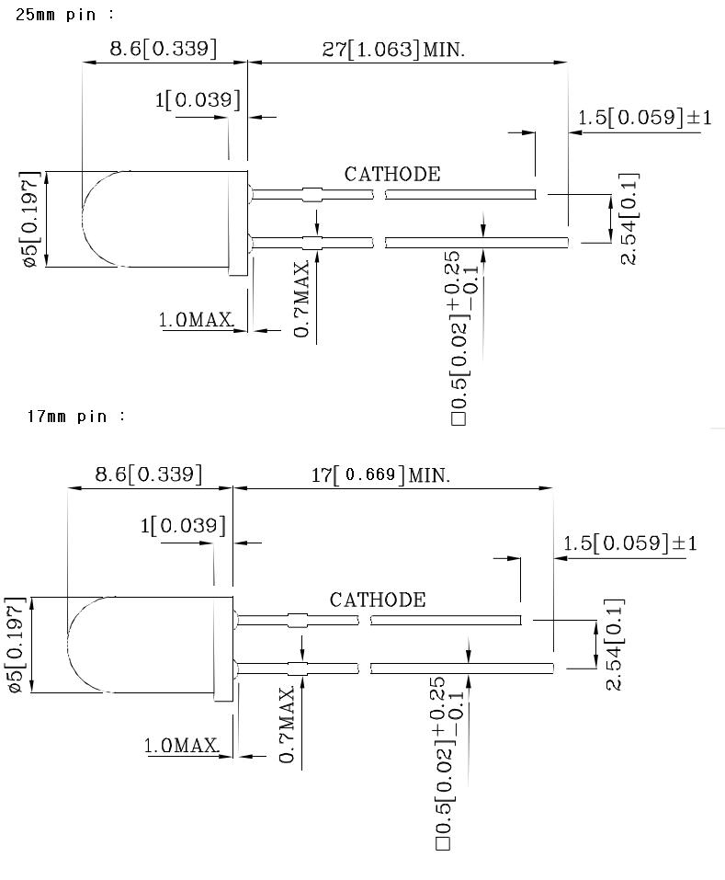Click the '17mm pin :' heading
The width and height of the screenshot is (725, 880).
76,417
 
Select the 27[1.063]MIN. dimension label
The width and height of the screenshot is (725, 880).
393,50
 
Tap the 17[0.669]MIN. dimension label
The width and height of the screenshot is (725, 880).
379,475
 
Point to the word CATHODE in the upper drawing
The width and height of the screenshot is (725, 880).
391,174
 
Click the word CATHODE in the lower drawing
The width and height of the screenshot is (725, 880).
378,600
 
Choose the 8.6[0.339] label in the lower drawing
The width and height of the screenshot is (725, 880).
149,474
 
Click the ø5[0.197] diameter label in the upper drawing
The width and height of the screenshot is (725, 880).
29,219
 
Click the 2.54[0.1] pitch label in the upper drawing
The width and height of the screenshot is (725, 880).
629,219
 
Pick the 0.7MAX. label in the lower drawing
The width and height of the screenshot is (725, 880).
288,723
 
